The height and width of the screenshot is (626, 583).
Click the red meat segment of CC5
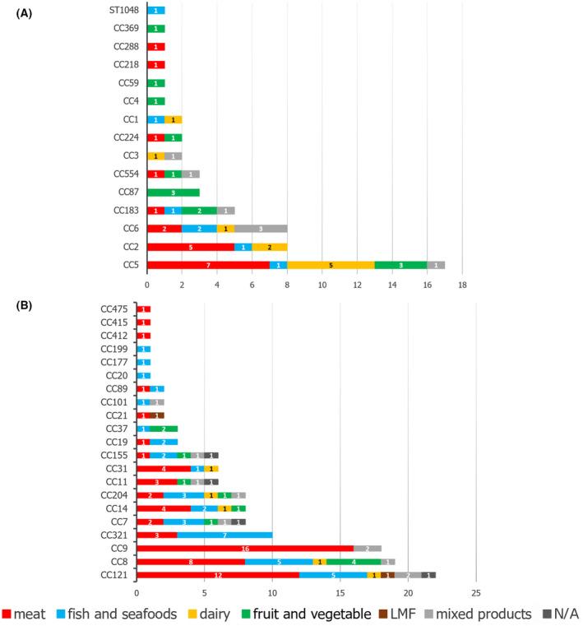click(207, 265)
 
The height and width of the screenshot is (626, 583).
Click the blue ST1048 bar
click(155, 11)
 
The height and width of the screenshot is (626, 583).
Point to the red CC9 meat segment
click(245, 547)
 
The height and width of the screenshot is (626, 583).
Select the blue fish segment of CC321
click(224, 534)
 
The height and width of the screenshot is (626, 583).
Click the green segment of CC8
click(353, 561)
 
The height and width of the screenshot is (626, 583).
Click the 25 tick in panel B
click(475, 593)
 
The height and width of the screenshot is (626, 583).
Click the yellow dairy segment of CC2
click(269, 247)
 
